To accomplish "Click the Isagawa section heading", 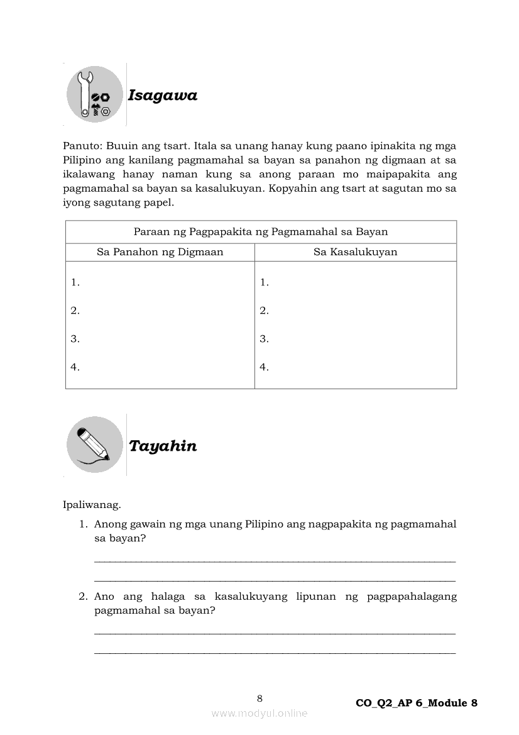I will point(162,96).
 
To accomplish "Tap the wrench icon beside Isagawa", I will point(95,94).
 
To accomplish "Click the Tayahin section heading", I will point(162,446).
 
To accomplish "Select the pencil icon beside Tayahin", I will point(95,445).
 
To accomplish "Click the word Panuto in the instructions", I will point(79,146).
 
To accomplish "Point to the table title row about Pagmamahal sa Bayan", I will point(261,232).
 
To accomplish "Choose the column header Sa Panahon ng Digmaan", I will point(160,252).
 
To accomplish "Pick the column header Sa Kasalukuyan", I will point(355,252).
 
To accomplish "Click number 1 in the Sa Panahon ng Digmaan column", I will point(75,282).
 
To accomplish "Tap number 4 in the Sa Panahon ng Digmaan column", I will point(75,367).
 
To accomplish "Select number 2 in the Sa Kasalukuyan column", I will point(264,311).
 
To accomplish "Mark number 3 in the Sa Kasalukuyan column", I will point(264,339).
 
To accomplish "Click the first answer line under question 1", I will point(275,561).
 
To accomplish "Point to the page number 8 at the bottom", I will point(259,698).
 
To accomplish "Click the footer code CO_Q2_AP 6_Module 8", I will point(416,703).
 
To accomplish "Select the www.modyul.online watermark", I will point(259,713).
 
